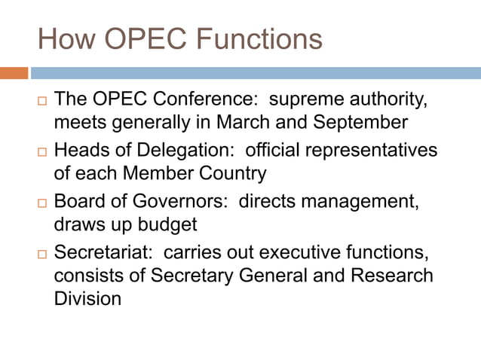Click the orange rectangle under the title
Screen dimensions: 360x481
tap(14, 73)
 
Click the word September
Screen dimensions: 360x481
tap(364, 123)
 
